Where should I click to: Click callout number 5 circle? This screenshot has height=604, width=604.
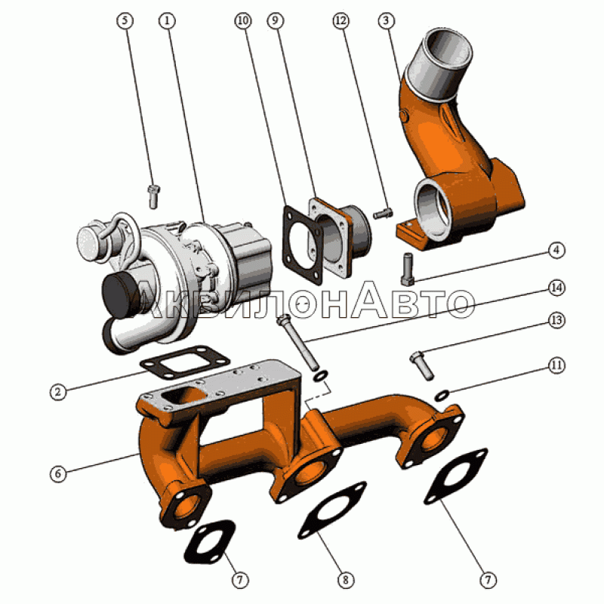click(125, 20)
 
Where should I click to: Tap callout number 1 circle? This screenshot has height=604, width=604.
click(167, 20)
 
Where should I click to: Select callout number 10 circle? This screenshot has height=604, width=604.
click(242, 20)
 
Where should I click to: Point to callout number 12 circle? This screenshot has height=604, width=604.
click(341, 20)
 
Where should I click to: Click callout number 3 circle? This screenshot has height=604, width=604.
click(387, 20)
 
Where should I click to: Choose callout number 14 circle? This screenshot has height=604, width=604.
click(556, 288)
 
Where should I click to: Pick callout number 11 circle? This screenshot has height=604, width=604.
click(556, 365)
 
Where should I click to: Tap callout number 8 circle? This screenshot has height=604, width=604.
click(345, 579)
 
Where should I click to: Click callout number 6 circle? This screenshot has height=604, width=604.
click(58, 473)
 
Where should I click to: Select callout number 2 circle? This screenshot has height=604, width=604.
click(58, 392)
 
